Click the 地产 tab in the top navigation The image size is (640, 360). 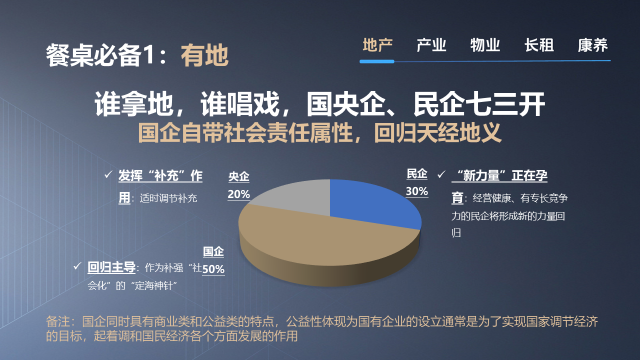click(x=377, y=46)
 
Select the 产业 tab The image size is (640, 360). click(x=430, y=46)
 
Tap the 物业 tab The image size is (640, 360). click(x=484, y=46)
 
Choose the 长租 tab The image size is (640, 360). click(x=538, y=46)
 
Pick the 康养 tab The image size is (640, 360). click(x=592, y=46)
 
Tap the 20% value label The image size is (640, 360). click(x=239, y=194)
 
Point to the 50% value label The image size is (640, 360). click(x=214, y=269)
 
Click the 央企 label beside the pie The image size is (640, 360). click(x=239, y=177)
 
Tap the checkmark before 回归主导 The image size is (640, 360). click(x=78, y=267)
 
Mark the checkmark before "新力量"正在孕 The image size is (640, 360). click(x=441, y=174)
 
